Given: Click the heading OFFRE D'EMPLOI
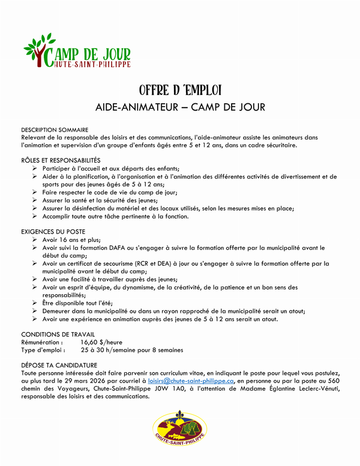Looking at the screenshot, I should pyautogui.click(x=180, y=91).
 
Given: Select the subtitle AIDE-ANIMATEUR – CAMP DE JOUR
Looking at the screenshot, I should pyautogui.click(x=180, y=107).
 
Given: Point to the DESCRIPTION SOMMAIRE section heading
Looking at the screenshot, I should pyautogui.click(x=55, y=130).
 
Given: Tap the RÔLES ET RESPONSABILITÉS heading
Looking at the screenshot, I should pyautogui.click(x=61, y=160).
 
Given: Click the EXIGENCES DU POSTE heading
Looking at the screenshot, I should pyautogui.click(x=53, y=231).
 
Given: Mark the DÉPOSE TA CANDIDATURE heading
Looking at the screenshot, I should pyautogui.click(x=59, y=365).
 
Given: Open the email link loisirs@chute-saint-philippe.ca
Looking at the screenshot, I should pyautogui.click(x=191, y=381).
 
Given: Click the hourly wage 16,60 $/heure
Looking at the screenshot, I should pyautogui.click(x=102, y=342).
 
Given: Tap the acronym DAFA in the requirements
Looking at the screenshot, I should pyautogui.click(x=128, y=247).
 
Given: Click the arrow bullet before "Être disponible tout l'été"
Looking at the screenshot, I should pyautogui.click(x=35, y=303).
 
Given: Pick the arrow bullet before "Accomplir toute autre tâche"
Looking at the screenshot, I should pyautogui.click(x=35, y=216).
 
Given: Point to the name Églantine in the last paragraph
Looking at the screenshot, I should pyautogui.click(x=274, y=389).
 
